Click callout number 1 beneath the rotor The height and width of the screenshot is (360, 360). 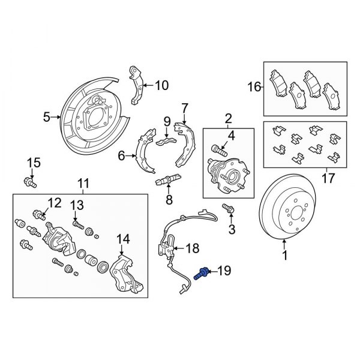[285, 256]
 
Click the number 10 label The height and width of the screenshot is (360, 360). [161, 85]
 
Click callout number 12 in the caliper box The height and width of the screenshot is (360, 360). [55, 202]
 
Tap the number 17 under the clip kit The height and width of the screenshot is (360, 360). [327, 178]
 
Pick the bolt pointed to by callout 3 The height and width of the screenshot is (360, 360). [229, 208]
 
